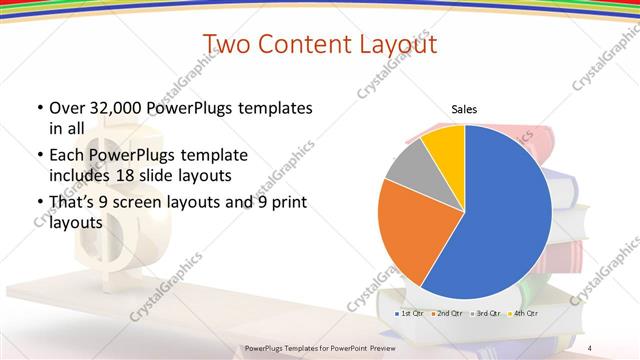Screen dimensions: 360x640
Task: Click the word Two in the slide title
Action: click(228, 45)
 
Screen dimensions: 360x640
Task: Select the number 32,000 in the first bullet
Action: click(111, 108)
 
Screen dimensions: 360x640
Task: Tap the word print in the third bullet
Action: click(283, 202)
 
